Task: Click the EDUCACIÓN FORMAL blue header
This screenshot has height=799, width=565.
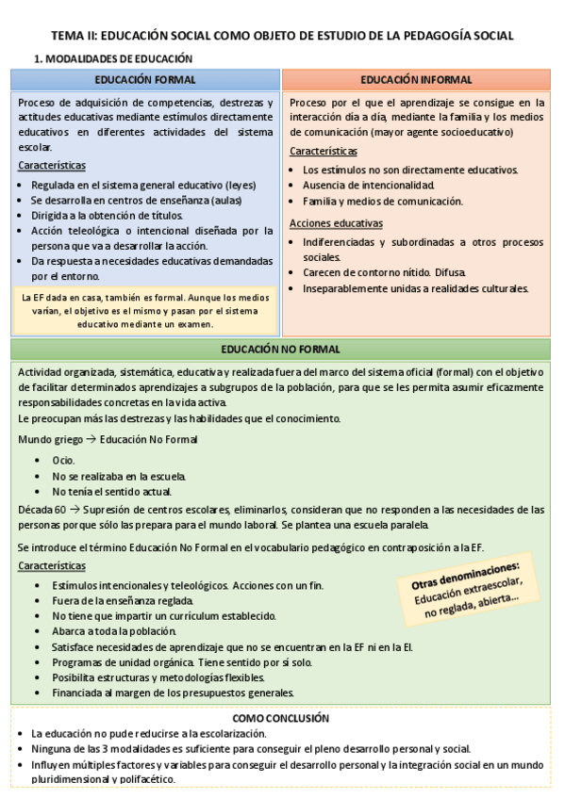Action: point(145,80)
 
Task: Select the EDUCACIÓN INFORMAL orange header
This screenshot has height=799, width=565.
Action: point(416,80)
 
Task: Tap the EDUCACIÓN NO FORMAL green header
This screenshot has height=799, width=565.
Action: point(280,350)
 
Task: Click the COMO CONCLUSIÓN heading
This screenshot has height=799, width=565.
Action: point(280,717)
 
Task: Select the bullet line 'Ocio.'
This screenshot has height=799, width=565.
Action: point(63,461)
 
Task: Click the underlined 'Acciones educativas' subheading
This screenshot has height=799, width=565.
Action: point(336,223)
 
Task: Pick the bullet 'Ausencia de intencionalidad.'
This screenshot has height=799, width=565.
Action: point(368,186)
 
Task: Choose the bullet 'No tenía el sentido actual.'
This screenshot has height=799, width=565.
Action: point(111,491)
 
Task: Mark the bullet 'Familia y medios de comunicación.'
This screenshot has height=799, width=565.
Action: point(382,201)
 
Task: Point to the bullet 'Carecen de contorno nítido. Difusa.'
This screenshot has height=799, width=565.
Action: point(384,272)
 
